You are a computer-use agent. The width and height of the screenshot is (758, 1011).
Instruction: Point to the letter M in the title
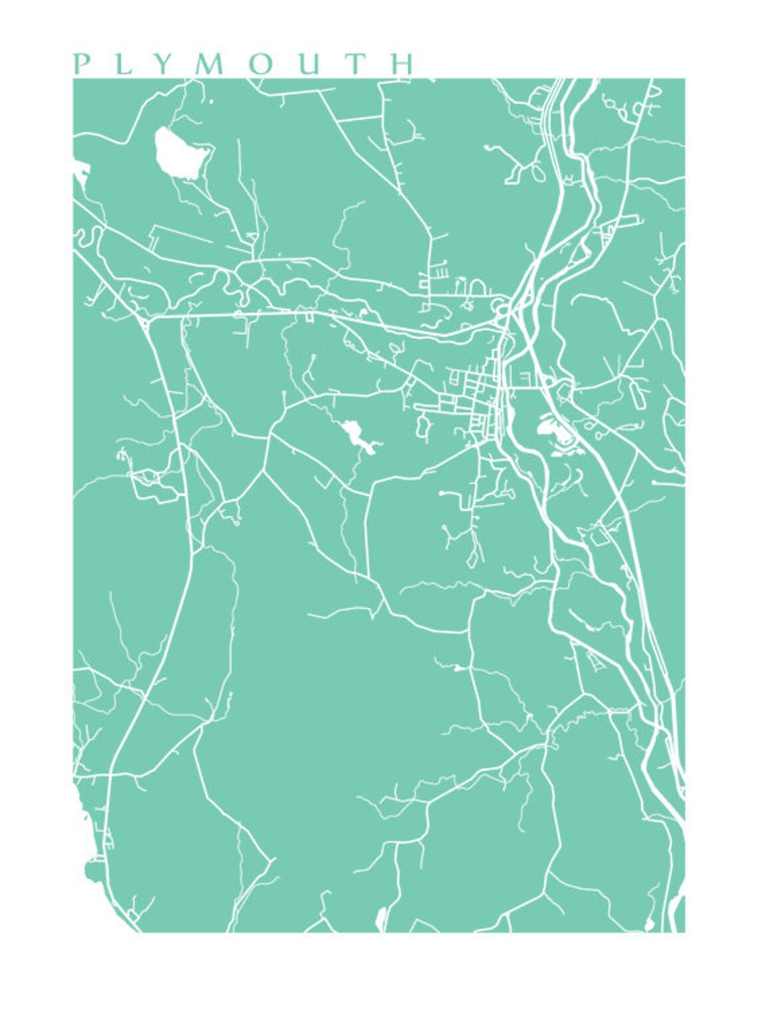(x=207, y=64)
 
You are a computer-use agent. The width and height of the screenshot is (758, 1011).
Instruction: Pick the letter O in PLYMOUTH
(x=260, y=64)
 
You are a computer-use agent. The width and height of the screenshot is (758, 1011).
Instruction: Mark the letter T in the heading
(x=356, y=64)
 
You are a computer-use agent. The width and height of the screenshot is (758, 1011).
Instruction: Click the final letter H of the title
(x=403, y=64)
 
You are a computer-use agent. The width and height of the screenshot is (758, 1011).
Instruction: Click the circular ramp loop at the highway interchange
(x=502, y=308)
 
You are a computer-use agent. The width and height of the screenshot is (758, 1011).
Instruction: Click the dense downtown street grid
(x=475, y=403)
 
